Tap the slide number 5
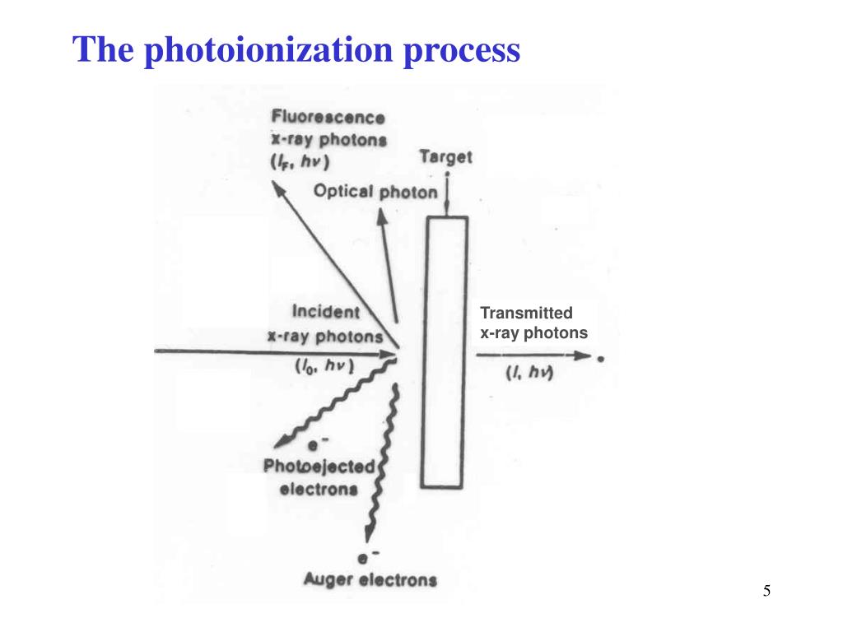[766, 590]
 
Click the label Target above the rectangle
[445, 156]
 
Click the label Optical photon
[375, 192]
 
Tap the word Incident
[326, 312]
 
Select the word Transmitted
[526, 313]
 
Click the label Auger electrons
[370, 579]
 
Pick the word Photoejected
[319, 467]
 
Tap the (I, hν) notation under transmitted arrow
[529, 372]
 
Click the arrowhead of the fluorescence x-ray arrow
[280, 189]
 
